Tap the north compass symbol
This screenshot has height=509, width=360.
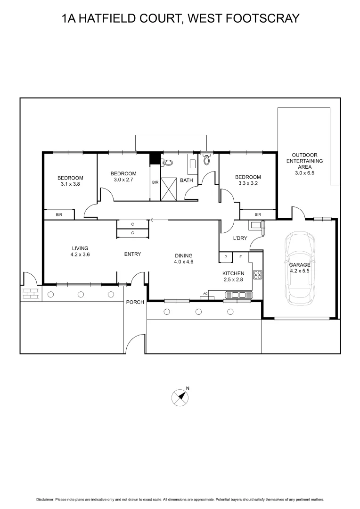[180, 397]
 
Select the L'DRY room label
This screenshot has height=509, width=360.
[240, 238]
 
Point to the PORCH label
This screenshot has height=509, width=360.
[134, 302]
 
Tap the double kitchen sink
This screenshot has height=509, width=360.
[239, 295]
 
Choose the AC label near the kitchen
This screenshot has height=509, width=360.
[205, 294]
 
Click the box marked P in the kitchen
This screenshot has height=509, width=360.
[226, 257]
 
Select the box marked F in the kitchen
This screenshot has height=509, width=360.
[241, 257]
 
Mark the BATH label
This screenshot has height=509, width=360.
[187, 180]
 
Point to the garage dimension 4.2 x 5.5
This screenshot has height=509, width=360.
[300, 271]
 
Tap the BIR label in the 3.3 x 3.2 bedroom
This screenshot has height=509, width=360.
[258, 215]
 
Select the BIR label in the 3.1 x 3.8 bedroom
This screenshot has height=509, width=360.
[59, 215]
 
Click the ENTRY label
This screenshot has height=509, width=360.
[132, 254]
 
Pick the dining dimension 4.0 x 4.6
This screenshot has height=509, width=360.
[184, 262]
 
